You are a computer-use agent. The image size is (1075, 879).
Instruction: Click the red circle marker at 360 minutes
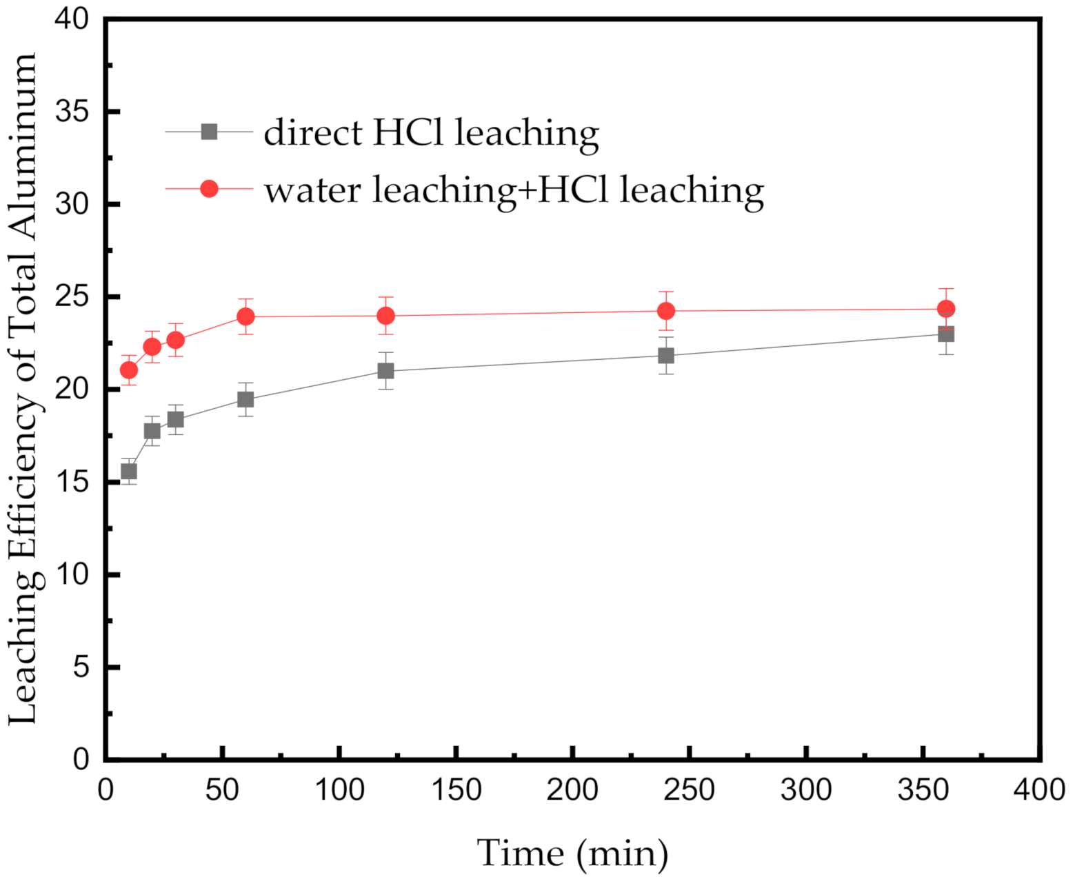946,309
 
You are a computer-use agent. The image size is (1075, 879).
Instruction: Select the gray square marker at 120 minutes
386,371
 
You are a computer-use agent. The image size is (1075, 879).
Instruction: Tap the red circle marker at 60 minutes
245,316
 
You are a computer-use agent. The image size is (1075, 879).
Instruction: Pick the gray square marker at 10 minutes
129,472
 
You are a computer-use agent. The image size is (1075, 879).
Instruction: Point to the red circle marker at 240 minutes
666,311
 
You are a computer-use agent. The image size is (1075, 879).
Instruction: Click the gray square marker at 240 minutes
666,356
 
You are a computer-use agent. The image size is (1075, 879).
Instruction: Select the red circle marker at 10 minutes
129,370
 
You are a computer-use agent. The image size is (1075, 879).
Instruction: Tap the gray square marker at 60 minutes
245,400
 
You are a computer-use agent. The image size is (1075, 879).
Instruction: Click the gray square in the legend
209,132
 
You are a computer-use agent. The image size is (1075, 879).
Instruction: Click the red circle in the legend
209,188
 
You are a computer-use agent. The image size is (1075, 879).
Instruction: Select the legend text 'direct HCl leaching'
431,133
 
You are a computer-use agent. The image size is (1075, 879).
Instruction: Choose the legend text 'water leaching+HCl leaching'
514,190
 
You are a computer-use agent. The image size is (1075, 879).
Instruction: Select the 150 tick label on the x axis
456,790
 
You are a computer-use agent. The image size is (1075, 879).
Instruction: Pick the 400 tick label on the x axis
1039,790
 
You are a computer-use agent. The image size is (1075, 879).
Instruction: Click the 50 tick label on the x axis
222,790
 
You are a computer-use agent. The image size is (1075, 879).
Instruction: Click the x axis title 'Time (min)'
573,853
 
